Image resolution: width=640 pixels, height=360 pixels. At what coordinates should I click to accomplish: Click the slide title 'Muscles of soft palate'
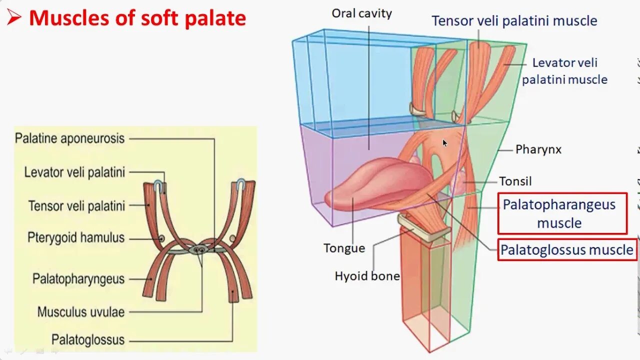coord(137,18)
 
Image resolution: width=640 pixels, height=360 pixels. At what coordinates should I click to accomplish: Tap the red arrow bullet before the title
coord(13,18)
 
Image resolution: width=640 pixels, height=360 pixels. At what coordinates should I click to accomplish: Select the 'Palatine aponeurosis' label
coord(69,138)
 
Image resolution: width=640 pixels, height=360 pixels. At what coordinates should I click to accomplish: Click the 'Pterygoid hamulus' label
coord(76,237)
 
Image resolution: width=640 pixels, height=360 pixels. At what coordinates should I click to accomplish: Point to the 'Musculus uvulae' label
coord(81,312)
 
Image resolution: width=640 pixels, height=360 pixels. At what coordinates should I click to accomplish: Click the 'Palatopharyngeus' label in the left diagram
coord(78,278)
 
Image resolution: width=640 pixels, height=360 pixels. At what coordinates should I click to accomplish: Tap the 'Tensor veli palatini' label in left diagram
coord(76,205)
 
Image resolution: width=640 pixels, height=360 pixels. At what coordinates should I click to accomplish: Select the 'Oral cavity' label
coord(362,13)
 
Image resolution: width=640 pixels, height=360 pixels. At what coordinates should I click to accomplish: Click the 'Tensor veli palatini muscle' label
coord(514,21)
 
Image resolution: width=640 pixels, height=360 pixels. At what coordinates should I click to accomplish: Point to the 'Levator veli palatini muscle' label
coord(564,71)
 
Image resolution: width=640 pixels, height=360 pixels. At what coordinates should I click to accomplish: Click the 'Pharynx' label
coord(538,149)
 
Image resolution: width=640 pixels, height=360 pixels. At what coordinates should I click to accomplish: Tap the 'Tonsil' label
coord(515,181)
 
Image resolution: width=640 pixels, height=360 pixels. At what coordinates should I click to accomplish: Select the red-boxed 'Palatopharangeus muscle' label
coord(562,213)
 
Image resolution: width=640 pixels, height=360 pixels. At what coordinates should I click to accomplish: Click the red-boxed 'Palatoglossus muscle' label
coord(567,249)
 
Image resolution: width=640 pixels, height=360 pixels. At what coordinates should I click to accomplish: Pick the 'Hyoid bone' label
coord(367,276)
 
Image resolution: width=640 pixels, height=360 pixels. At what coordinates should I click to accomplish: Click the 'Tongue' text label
coord(344,248)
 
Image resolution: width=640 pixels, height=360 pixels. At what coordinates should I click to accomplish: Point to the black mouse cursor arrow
coord(444,143)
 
